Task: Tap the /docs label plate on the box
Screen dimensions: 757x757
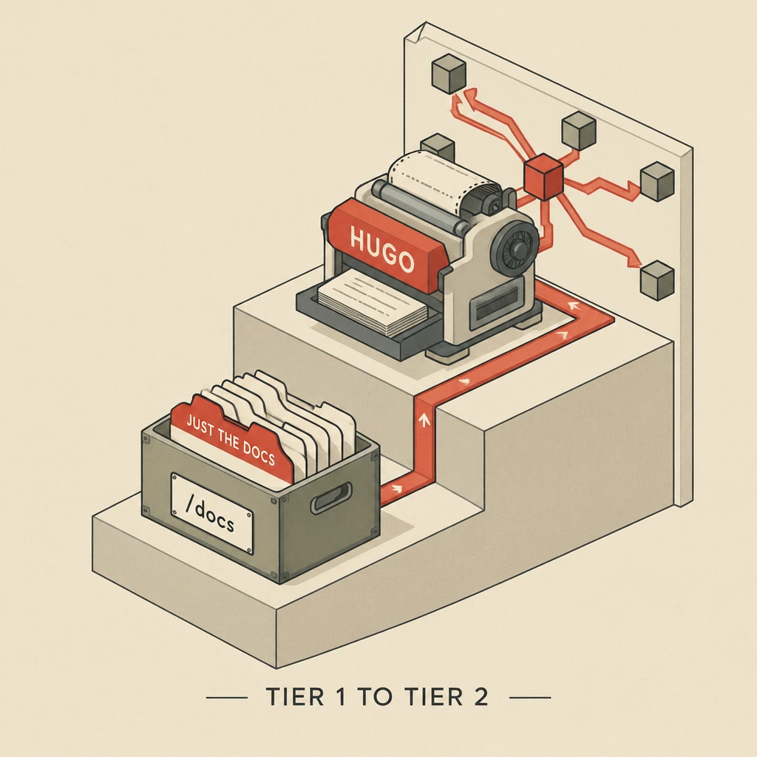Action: coord(211,513)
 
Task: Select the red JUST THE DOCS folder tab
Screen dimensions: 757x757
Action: coord(232,438)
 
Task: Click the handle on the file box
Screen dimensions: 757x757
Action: coord(330,498)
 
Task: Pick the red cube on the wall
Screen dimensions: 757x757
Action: coord(543,177)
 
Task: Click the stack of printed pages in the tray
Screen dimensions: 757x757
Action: coord(373,302)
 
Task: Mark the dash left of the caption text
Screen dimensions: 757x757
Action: coord(227,697)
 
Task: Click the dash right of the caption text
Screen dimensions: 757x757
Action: coord(530,697)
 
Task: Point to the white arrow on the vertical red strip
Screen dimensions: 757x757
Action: coord(424,421)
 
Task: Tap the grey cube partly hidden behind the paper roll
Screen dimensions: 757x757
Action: coord(438,146)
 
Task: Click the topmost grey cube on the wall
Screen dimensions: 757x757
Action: coord(449,74)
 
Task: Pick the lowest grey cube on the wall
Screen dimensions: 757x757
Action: coord(657,280)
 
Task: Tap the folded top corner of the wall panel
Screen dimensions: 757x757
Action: coord(415,32)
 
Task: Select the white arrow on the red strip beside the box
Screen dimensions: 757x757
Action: coord(397,489)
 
